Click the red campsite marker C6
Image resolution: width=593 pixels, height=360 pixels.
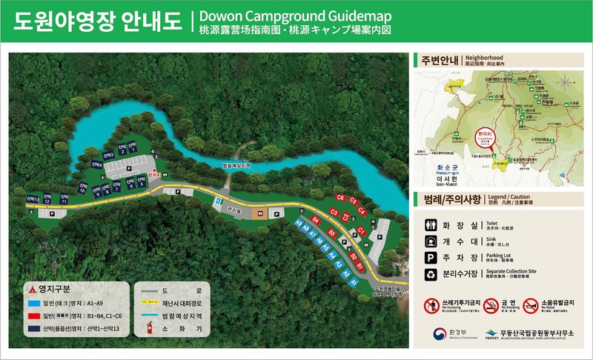340,198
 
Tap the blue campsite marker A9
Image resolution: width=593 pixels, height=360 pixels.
298,223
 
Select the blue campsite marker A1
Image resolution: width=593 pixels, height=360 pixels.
354,282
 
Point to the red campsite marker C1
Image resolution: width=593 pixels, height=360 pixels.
361,230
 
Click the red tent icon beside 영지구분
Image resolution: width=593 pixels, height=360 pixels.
30,288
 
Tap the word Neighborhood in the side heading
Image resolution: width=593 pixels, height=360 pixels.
484,58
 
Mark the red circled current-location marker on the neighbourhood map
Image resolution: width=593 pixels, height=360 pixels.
480,138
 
